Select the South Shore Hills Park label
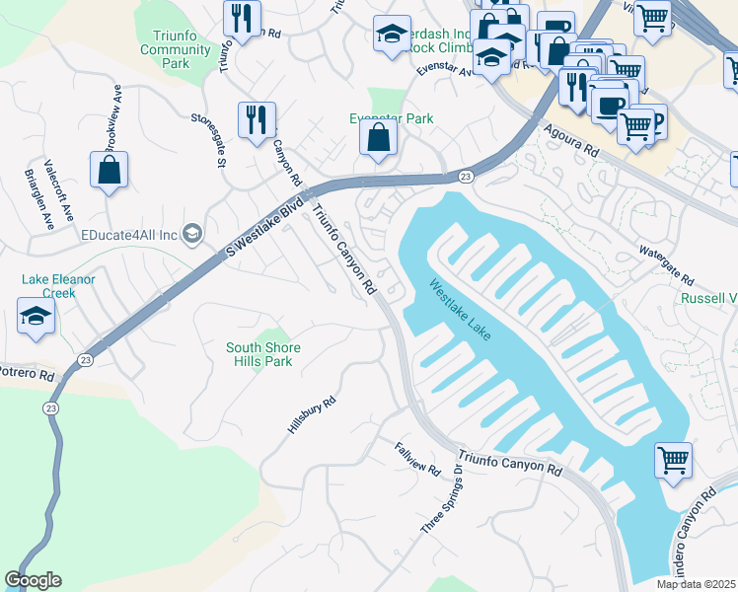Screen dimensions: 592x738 pyautogui.click(x=263, y=354)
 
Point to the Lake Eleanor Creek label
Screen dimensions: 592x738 pyautogui.click(x=58, y=286)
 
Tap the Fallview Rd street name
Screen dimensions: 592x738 pyautogui.click(x=417, y=457)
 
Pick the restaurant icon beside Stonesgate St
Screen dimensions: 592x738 pyautogui.click(x=257, y=119)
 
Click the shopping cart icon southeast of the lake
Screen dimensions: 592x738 pyautogui.click(x=673, y=459)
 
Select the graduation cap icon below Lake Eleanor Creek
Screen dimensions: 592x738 pyautogui.click(x=37, y=319)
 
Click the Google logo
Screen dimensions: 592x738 pyautogui.click(x=33, y=580)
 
